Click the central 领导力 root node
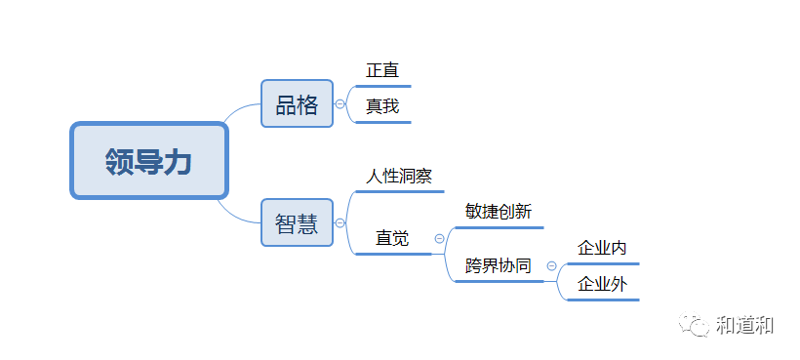[x=148, y=161]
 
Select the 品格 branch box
[x=297, y=104]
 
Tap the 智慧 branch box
[x=297, y=223]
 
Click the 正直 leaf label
[x=382, y=71]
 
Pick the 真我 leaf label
[x=382, y=106]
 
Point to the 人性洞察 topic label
[x=398, y=178]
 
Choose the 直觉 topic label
[x=392, y=238]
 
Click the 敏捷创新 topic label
[x=499, y=212]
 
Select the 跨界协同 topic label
[x=499, y=265]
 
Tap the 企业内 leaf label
[x=602, y=249]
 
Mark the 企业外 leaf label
[x=602, y=285]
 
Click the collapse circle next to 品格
[x=340, y=104]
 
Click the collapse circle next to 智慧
[x=340, y=223]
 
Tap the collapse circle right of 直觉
[x=439, y=238]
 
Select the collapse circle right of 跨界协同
[x=551, y=265]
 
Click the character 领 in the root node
[x=120, y=162]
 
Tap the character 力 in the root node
[x=177, y=162]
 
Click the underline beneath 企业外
[x=603, y=300]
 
